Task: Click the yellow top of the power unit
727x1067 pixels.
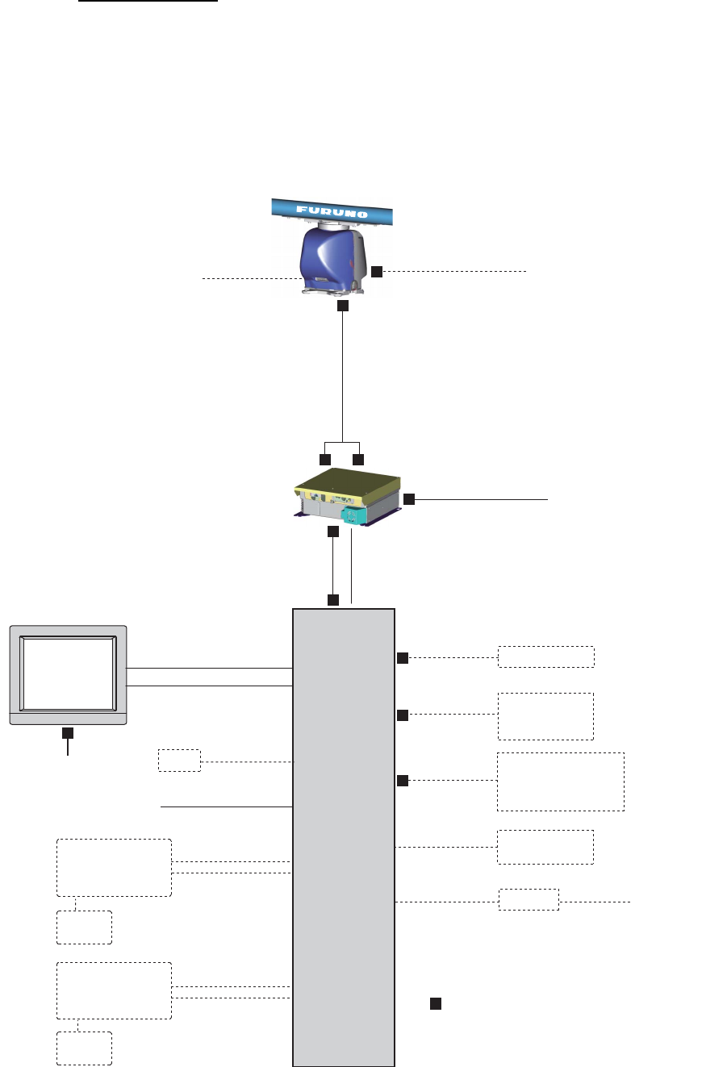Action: (347, 484)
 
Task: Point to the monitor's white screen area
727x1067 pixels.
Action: (68, 671)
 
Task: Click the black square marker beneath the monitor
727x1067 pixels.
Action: (68, 732)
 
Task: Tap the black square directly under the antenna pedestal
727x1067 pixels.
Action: (342, 306)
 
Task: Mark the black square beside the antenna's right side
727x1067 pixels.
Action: (377, 271)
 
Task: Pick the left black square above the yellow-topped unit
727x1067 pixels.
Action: (325, 459)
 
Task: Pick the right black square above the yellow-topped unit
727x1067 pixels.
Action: (358, 459)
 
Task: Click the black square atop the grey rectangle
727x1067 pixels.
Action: (332, 600)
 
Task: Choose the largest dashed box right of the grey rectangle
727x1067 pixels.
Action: (561, 781)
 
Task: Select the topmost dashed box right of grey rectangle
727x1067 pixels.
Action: (545, 656)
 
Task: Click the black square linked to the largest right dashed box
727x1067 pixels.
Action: (403, 781)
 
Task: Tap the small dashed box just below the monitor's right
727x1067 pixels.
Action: (179, 761)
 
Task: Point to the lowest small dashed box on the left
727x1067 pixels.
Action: (84, 1048)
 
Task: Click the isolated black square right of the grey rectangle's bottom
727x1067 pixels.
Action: (435, 1003)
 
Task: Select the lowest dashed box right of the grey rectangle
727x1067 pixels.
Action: (529, 899)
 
